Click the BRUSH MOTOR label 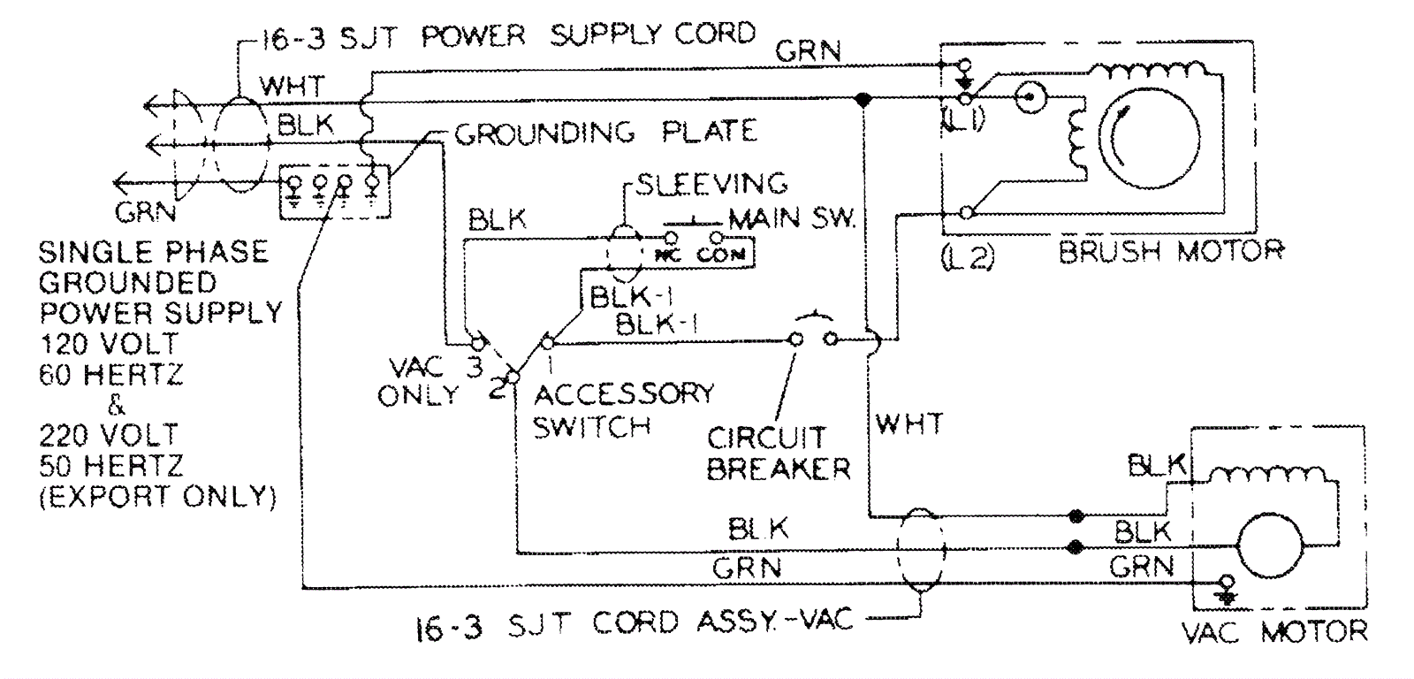(x=1170, y=252)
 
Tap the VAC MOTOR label (x=1273, y=631)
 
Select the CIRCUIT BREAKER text (x=778, y=453)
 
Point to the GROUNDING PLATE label (x=605, y=133)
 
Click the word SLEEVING (x=711, y=184)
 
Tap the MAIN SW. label (x=792, y=218)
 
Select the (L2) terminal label (x=968, y=256)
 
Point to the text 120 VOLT (x=109, y=343)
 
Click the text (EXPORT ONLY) (x=157, y=496)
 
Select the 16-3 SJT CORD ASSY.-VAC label (x=635, y=622)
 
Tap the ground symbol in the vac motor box (x=1226, y=587)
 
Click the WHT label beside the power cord (x=292, y=87)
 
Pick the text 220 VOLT (x=109, y=435)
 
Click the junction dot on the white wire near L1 (x=863, y=99)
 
